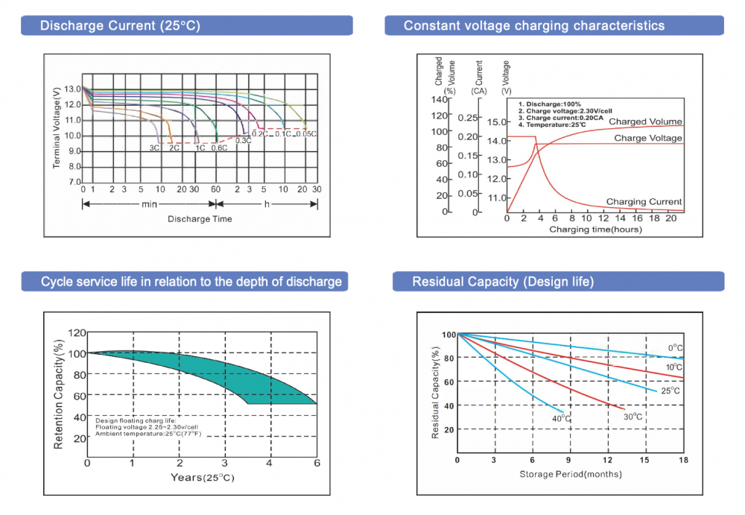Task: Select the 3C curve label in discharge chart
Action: pos(154,148)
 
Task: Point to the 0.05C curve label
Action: pos(306,134)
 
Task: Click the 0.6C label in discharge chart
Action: pos(219,148)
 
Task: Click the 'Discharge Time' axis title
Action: pos(200,219)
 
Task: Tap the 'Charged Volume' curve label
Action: pos(645,121)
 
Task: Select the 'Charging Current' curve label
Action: pos(644,202)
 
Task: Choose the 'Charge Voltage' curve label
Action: pos(648,138)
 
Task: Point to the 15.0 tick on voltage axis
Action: pos(496,121)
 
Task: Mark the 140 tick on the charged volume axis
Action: pos(440,100)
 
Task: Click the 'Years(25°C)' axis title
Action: pos(203,477)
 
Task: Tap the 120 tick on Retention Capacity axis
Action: pos(77,333)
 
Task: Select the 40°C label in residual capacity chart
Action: pos(561,419)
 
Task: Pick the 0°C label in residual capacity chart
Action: pos(675,348)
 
